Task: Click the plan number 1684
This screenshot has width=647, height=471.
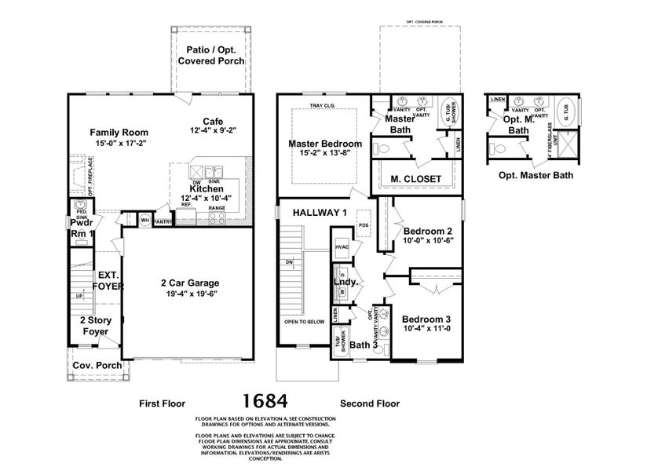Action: point(265,401)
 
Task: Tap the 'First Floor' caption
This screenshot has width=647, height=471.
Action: point(162,403)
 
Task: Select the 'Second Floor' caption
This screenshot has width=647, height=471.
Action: point(369,403)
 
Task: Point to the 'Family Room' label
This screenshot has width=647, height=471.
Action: point(119,133)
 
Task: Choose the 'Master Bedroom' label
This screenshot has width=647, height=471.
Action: point(324,144)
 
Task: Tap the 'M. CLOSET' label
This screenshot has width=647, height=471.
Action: point(415,179)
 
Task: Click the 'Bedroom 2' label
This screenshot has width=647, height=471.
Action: point(427,232)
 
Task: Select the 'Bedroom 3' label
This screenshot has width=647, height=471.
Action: point(426,319)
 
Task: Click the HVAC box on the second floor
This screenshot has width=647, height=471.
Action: point(341,246)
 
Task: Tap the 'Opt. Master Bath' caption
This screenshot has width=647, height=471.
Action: point(536,174)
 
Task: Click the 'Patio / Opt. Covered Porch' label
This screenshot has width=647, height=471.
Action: point(210,55)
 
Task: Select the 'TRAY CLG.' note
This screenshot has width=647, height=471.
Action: point(323,105)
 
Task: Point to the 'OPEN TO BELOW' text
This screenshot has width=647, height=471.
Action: point(305,322)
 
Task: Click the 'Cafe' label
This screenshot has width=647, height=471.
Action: point(213,121)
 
